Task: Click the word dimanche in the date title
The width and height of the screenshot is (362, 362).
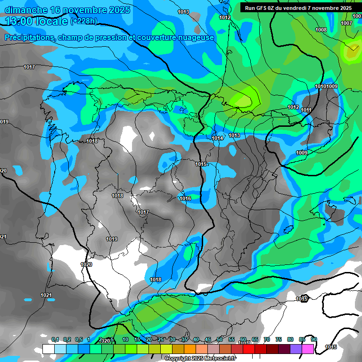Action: click(25, 10)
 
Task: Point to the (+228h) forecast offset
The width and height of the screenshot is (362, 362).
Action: click(83, 21)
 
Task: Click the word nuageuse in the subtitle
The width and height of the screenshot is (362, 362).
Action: click(195, 37)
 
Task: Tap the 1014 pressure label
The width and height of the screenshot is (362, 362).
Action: click(217, 138)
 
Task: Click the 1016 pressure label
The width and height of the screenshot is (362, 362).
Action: click(185, 198)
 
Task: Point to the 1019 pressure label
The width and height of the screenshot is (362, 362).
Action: click(112, 239)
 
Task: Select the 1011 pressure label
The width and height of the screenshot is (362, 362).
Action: click(306, 110)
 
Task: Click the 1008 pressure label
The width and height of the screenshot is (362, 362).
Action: click(321, 30)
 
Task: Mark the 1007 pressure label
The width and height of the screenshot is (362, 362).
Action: click(346, 23)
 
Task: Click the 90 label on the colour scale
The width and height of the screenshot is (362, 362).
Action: click(314, 339)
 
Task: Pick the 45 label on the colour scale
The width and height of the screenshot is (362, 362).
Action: click(208, 339)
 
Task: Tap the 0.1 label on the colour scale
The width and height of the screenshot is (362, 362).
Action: click(55, 339)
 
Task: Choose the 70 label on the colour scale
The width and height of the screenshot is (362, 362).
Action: click(267, 339)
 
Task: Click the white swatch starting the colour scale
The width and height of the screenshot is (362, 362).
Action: click(48, 349)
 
